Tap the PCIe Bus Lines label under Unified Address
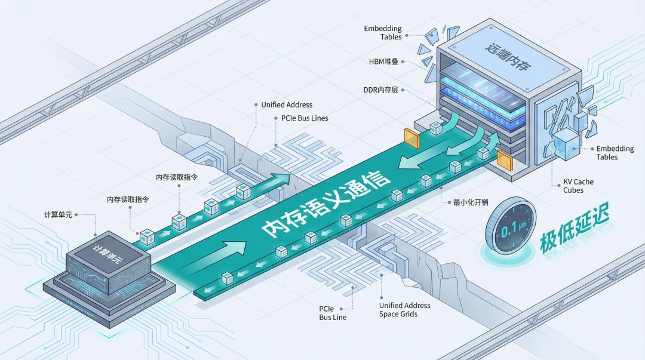click(305, 118)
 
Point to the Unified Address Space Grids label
click(404, 310)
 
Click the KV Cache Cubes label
click(578, 186)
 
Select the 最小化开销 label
click(470, 202)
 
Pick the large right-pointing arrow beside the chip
click(235, 247)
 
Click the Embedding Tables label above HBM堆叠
click(383, 33)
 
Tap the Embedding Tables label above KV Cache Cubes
click(607, 153)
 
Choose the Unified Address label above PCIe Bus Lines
click(287, 105)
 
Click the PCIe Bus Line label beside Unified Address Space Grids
click(333, 313)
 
